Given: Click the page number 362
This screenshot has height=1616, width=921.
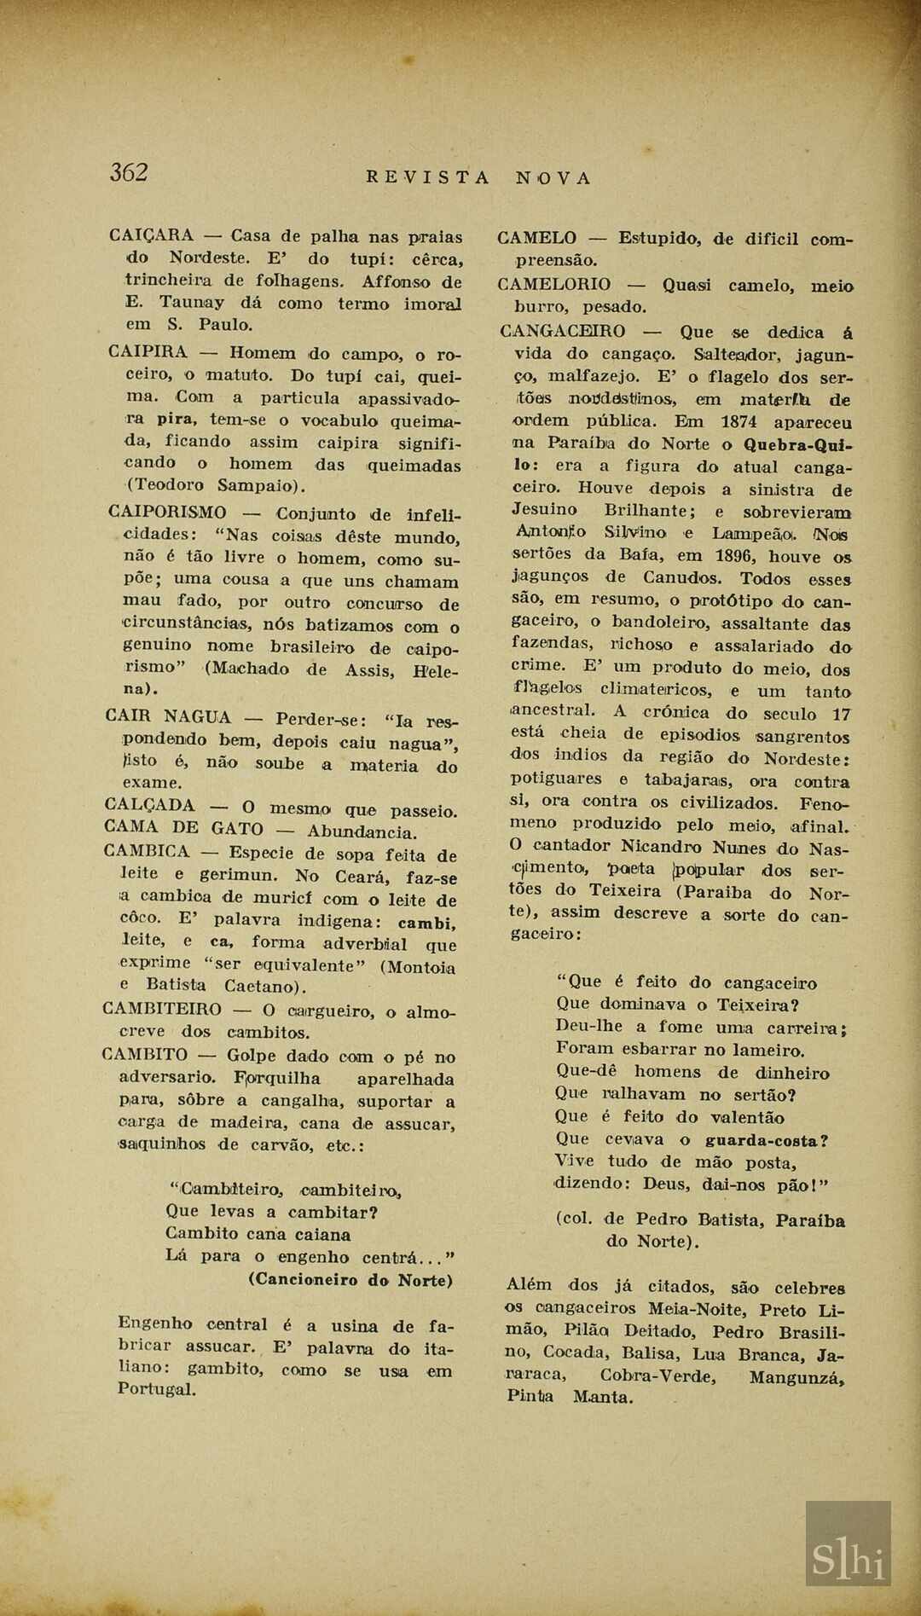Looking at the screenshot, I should [129, 172].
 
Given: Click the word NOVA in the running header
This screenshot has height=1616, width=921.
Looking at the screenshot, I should [553, 178].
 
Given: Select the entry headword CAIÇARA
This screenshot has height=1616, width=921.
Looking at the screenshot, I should [152, 235].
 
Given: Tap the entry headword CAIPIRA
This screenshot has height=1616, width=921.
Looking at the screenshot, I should [148, 351].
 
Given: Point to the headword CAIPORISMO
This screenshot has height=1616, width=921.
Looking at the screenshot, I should [167, 512].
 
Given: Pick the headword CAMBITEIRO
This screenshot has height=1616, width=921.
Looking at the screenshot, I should [161, 1009].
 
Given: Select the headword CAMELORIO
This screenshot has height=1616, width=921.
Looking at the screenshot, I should [553, 284].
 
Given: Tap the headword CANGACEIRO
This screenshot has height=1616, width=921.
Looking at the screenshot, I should [562, 331].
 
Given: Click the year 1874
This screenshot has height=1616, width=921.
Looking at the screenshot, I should [739, 421].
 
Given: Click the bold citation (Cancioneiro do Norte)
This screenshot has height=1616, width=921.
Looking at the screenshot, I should [350, 1279].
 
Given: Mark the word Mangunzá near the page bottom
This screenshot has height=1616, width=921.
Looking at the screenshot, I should [796, 1376].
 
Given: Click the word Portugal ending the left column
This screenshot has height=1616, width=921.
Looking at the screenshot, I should [157, 1389].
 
